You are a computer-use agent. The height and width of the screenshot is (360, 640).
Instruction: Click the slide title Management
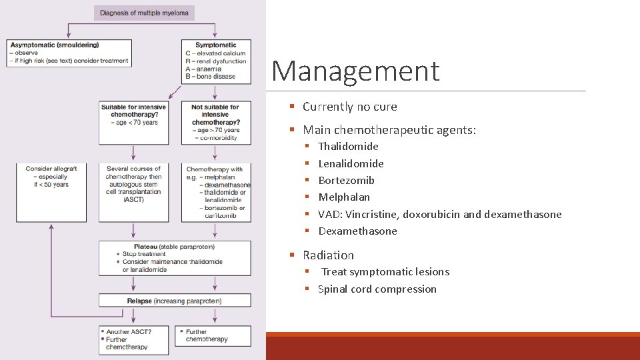click(x=355, y=71)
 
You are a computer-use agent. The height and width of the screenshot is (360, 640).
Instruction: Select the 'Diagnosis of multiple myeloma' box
click(x=144, y=13)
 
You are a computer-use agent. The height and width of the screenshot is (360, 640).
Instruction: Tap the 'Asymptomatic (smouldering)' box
click(x=68, y=53)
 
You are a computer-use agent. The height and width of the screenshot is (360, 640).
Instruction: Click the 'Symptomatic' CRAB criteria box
click(x=215, y=61)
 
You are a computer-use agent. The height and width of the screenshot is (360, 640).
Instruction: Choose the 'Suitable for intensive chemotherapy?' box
click(x=133, y=123)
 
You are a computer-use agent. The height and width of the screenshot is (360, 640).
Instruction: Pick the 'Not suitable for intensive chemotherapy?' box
click(x=215, y=123)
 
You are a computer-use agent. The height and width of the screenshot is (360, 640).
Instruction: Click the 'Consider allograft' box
click(x=51, y=193)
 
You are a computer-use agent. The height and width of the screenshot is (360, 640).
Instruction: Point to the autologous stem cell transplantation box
click(x=133, y=193)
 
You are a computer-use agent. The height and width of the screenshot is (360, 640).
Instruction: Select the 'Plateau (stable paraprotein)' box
click(x=175, y=258)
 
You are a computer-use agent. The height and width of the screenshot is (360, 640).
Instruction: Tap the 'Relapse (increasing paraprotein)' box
click(x=175, y=301)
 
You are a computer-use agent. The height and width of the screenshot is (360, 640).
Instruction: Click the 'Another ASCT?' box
click(x=133, y=339)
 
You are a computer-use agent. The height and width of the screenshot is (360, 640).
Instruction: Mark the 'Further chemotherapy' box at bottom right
click(x=213, y=335)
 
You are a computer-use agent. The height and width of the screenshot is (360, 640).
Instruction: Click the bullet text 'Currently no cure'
click(x=349, y=107)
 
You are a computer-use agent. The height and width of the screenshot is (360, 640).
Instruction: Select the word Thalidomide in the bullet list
click(x=348, y=147)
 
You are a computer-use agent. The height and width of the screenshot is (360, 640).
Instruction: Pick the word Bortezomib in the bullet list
click(x=346, y=181)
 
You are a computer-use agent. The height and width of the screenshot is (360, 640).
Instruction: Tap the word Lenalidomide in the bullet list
click(x=351, y=163)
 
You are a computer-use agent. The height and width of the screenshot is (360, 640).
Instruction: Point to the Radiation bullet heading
click(x=328, y=255)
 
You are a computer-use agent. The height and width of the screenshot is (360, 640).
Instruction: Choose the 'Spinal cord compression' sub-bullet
click(x=377, y=289)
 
